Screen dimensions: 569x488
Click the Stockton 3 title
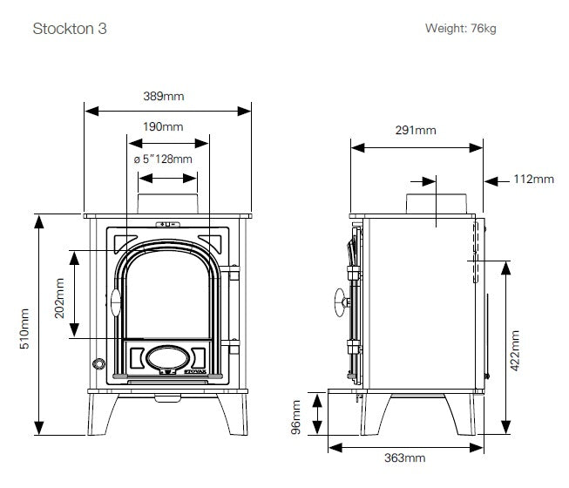[x=70, y=29]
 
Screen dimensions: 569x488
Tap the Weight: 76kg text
[x=460, y=28]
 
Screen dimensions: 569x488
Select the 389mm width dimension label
[x=164, y=96]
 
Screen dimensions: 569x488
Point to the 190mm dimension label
[x=163, y=126]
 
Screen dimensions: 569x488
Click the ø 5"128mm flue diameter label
[x=163, y=159]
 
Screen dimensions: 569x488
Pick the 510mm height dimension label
[x=24, y=329]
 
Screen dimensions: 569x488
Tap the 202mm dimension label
[x=59, y=298]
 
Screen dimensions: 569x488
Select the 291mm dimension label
[x=416, y=130]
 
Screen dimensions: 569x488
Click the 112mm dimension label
[x=533, y=179]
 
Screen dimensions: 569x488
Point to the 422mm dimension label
[x=515, y=350]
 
